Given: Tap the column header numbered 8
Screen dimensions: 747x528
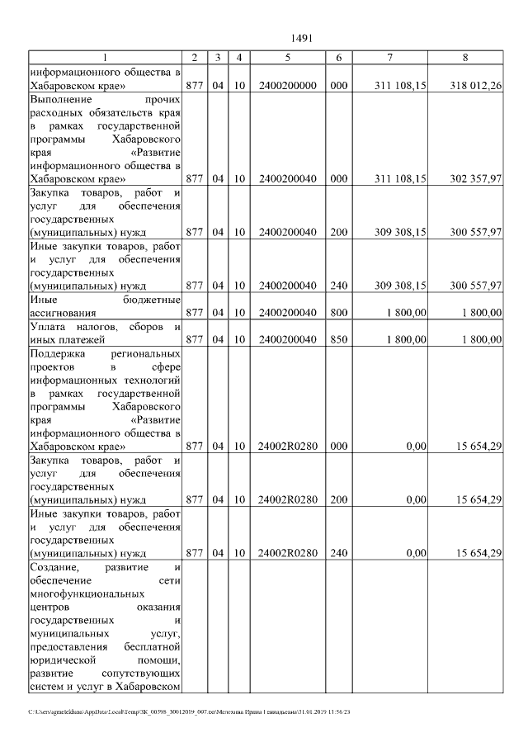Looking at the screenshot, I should click(465, 57).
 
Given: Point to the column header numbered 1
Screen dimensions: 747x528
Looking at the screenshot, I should click(105, 57).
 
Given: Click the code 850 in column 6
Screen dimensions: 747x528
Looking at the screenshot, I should click(338, 338).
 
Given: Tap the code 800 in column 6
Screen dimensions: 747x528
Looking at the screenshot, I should click(338, 312).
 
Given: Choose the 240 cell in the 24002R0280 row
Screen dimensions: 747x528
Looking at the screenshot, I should click(338, 553).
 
